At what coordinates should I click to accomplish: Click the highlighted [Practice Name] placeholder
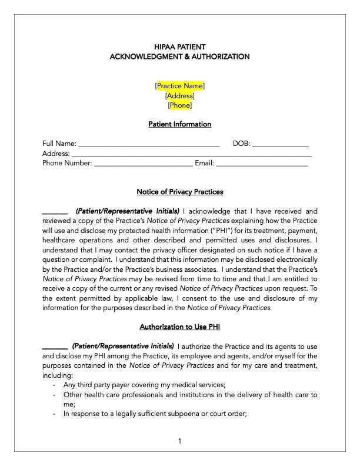coord(180,86)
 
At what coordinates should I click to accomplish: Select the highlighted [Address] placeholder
coord(180,96)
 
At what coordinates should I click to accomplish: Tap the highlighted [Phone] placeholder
coord(180,106)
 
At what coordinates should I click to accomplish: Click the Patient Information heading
coord(180,125)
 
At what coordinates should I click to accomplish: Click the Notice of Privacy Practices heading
coord(180,192)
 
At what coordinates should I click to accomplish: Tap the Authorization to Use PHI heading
coord(180,327)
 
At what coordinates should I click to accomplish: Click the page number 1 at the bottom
coord(180,441)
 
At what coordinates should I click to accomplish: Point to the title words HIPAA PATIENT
coord(180,46)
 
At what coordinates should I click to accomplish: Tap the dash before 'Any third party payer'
coord(54,385)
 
